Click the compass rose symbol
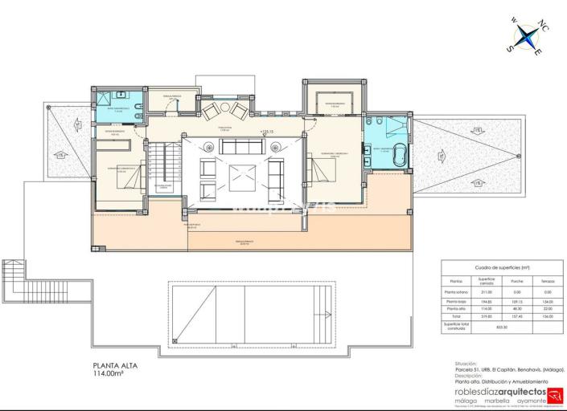point(528,36)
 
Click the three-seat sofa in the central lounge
point(242,146)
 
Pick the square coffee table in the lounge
point(242,177)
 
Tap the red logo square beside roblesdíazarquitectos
point(554,394)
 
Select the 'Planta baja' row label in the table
point(456,300)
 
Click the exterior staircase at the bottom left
point(17,281)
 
